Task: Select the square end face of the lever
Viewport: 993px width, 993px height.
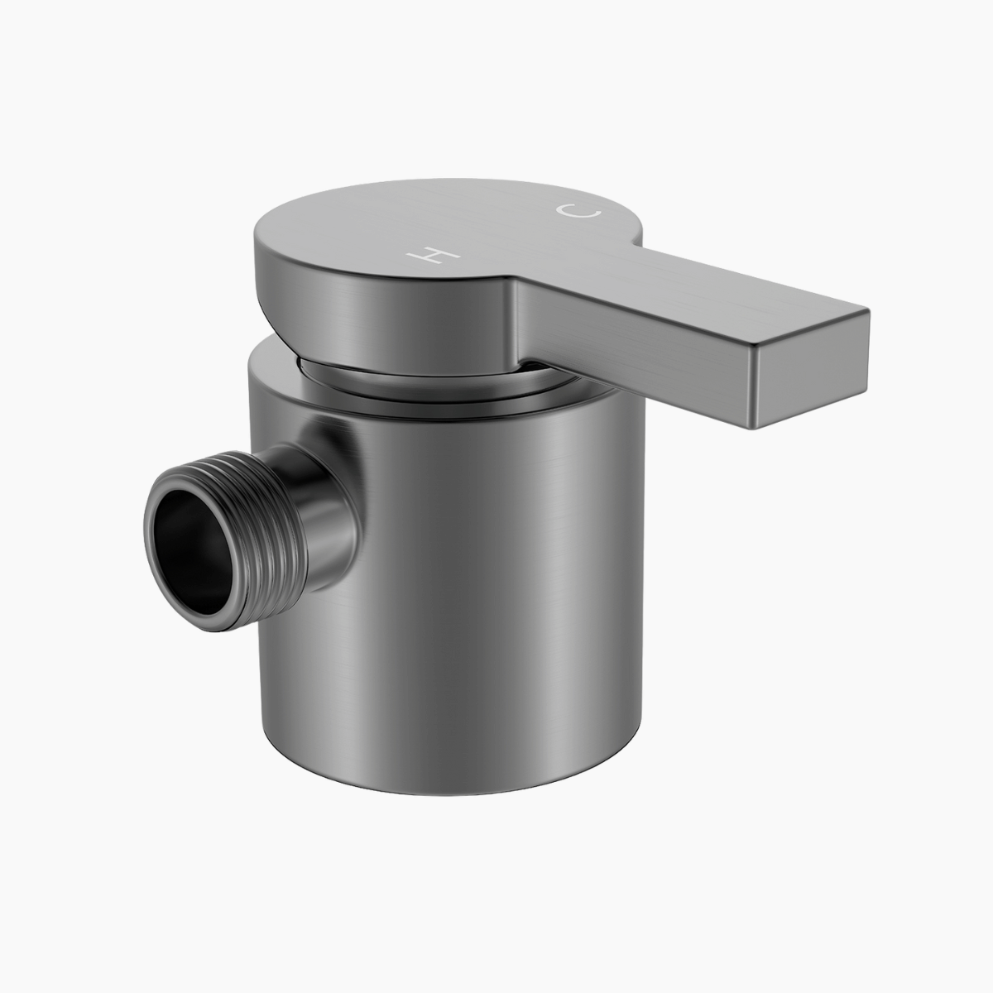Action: click(808, 368)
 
